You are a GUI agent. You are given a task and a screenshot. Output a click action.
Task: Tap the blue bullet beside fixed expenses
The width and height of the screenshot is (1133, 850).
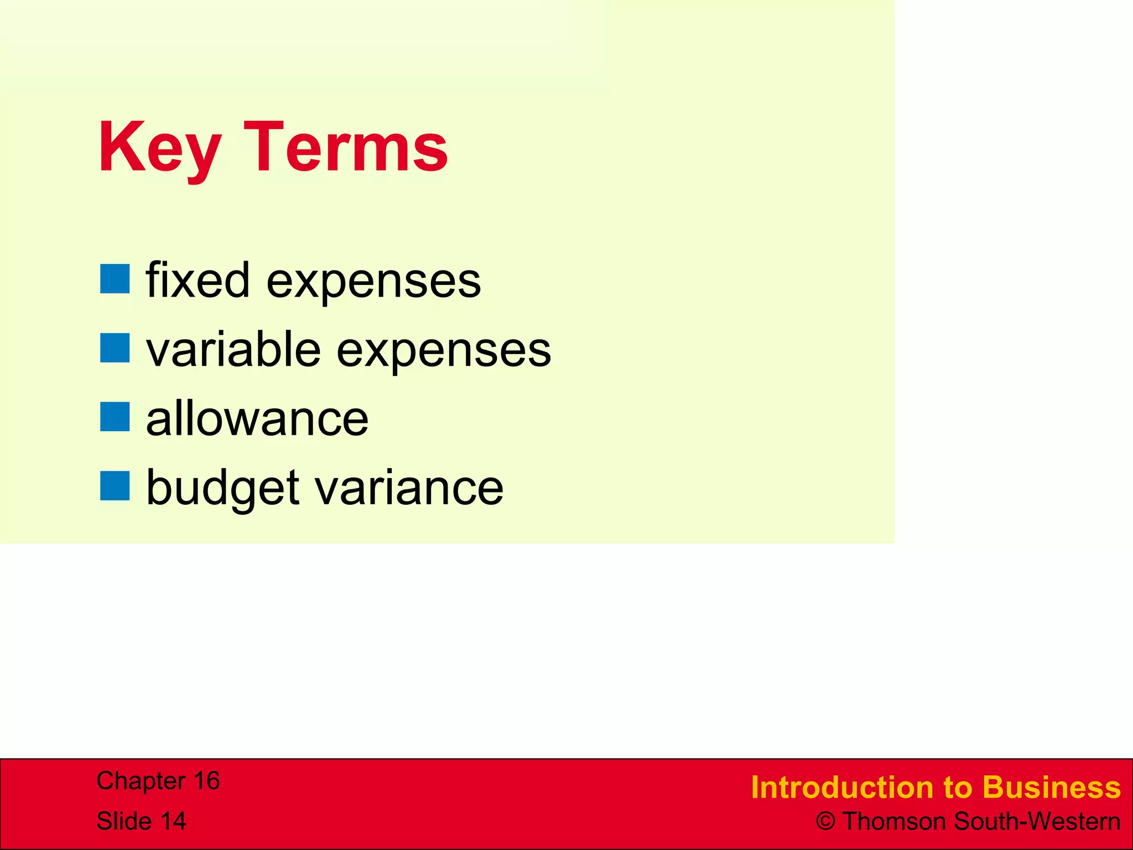[115, 278]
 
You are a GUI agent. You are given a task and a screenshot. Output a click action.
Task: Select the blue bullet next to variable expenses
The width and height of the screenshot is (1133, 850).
[115, 348]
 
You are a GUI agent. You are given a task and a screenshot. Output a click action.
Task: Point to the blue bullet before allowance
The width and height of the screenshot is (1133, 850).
[115, 417]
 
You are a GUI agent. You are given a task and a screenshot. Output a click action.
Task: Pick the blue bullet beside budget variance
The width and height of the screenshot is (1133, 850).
[115, 486]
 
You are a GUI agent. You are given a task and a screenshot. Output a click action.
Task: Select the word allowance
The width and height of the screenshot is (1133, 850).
[257, 419]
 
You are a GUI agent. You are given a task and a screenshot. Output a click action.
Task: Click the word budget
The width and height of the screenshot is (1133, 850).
[222, 489]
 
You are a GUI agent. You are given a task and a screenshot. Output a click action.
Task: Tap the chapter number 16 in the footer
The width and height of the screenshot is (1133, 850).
[206, 781]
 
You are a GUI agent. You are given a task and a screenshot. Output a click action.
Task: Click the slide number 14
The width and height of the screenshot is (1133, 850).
[173, 821]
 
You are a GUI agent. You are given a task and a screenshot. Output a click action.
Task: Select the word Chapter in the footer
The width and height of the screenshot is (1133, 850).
[141, 781]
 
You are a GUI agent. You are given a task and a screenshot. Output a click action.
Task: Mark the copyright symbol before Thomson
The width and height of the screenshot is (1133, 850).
[825, 821]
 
